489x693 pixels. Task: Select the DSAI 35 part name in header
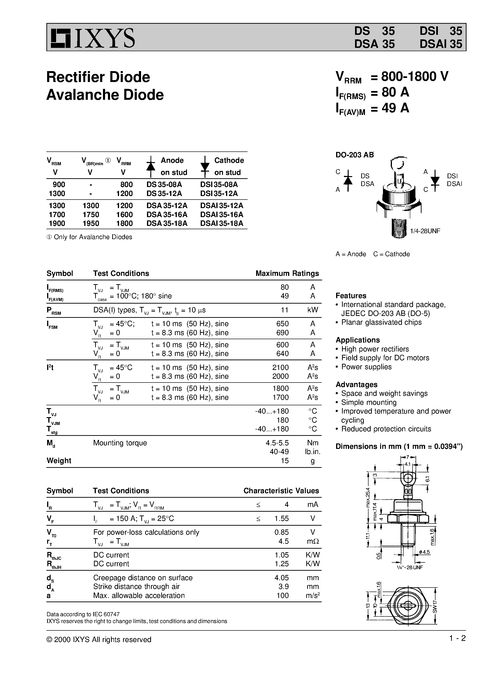[440, 44]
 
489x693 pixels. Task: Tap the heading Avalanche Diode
[105, 95]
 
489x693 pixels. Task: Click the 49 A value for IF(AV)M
[395, 108]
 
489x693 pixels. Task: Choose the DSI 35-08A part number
[219, 184]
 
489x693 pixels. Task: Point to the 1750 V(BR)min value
[91, 214]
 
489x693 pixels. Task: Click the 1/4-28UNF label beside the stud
[425, 231]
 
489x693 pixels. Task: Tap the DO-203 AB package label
[354, 155]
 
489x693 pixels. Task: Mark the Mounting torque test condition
[120, 443]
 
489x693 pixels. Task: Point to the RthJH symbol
[54, 564]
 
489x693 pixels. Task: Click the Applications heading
[358, 340]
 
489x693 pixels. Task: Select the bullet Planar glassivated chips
[381, 322]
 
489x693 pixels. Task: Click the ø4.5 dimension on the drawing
[424, 552]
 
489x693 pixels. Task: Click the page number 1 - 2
[457, 638]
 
